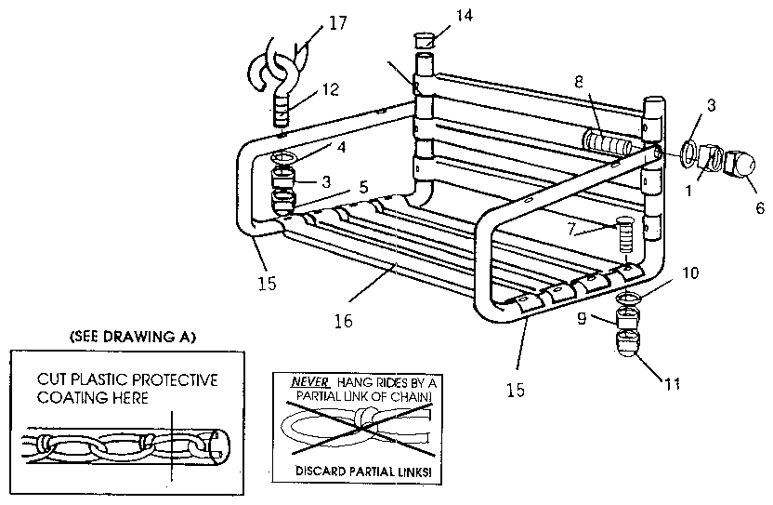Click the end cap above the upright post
[423, 40]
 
